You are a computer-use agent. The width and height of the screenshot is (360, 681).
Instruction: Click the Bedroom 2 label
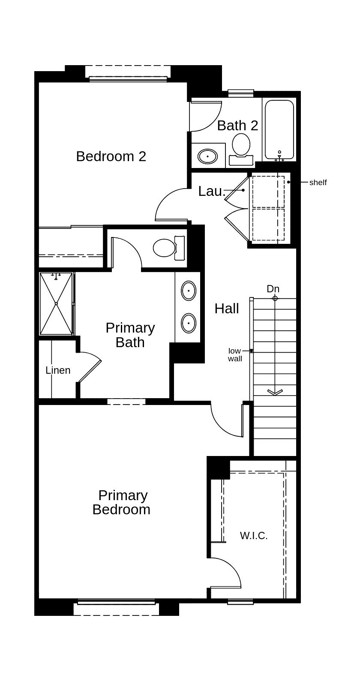(111, 156)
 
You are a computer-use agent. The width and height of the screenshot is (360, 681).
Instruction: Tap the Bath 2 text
(237, 126)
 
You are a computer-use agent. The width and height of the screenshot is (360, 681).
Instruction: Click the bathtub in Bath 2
(279, 129)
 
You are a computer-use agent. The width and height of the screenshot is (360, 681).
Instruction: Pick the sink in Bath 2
(208, 156)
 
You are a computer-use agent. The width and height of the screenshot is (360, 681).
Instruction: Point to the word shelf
(318, 183)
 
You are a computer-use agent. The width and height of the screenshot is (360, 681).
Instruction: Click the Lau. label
(212, 191)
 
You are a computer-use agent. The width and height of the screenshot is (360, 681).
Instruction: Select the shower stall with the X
(56, 303)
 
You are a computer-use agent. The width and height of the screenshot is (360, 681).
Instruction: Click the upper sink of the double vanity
(189, 291)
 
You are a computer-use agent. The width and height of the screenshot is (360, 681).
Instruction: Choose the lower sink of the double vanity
(189, 323)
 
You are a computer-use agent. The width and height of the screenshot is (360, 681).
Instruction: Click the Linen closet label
(58, 370)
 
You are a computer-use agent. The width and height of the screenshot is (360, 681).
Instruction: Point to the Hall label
(227, 309)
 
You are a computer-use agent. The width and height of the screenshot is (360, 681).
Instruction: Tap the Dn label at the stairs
(273, 289)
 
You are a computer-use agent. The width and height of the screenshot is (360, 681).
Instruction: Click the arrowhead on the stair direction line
(275, 392)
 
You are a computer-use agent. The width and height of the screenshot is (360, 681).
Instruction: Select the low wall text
(235, 355)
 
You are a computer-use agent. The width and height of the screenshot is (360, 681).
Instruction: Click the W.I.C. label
(254, 536)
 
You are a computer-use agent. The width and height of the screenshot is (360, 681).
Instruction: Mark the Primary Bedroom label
(122, 502)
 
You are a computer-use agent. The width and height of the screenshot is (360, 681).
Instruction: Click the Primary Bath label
(130, 335)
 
